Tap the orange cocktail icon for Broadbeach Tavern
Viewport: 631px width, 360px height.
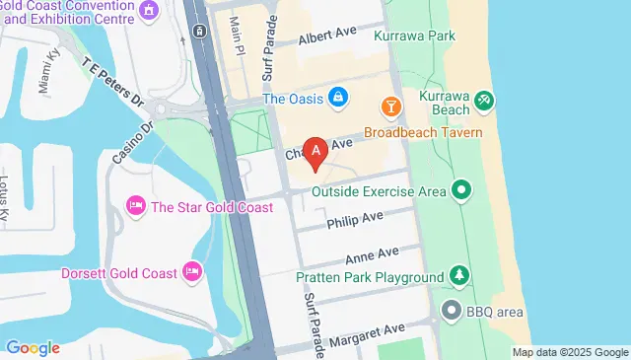click(x=390, y=105)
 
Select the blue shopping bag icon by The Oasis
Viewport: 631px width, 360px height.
click(x=338, y=97)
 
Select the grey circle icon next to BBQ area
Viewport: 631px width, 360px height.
click(x=453, y=312)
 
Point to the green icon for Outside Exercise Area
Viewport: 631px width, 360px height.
click(x=460, y=189)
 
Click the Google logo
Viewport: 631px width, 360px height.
click(x=32, y=347)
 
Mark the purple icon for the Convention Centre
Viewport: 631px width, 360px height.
click(x=150, y=11)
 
